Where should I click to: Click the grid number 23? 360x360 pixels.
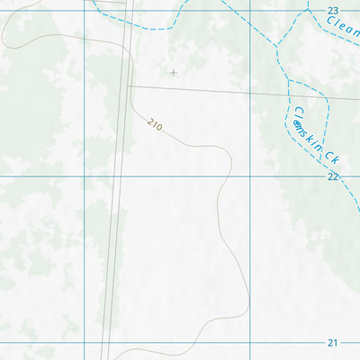333,10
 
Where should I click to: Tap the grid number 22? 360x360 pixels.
333,176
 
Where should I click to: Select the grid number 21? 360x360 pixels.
333,343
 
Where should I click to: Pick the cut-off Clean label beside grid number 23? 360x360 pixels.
343,28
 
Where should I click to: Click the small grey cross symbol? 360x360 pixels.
174,73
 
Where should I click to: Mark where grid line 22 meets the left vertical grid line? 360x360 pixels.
84,176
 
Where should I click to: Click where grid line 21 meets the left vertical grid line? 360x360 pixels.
84,343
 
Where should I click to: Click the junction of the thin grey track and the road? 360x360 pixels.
128,86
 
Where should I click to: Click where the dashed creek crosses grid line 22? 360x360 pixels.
326,176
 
